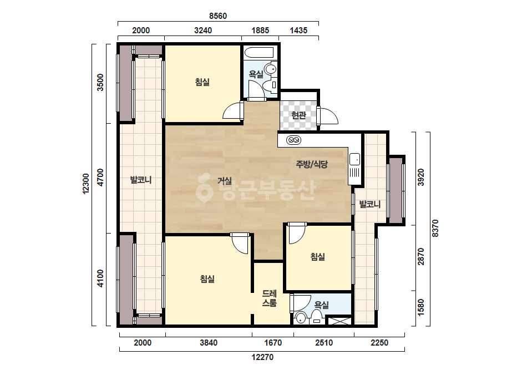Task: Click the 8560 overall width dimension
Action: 218,16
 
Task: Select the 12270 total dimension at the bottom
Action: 262,357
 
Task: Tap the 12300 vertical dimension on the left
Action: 86,184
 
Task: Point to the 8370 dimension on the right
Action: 435,229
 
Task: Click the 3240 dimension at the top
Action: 203,31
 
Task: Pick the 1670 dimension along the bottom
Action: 273,343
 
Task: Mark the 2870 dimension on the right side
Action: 421,257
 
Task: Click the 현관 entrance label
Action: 298,115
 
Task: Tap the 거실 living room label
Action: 225,181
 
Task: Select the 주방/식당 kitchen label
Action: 312,164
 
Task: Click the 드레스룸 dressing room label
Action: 270,298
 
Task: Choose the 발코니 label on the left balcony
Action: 141,180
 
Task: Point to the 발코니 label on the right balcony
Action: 370,204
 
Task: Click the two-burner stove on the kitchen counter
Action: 293,140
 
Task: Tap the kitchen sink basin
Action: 354,159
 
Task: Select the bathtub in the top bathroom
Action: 258,54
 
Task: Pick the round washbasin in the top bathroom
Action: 271,69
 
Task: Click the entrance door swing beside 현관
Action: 328,115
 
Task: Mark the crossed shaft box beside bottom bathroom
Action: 339,321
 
